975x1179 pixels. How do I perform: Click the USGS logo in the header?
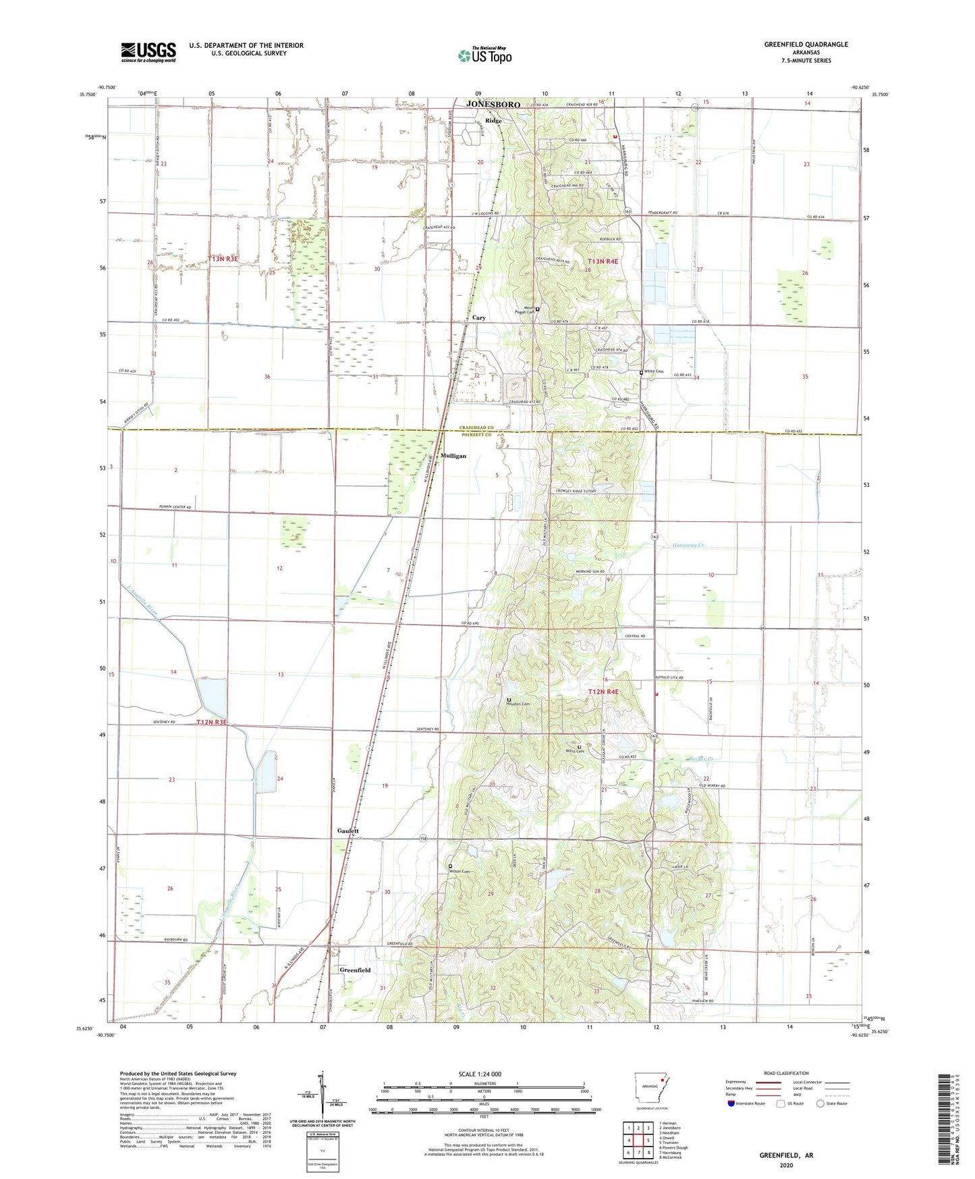[x=148, y=52]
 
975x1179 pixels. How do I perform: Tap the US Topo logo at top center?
[x=484, y=55]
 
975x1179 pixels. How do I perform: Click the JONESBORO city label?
[x=493, y=105]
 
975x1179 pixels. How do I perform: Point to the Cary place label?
[x=479, y=317]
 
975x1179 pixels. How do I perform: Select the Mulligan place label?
[x=453, y=456]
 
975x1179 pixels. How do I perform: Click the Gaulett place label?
[x=348, y=831]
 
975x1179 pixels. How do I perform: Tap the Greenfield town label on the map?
[x=355, y=970]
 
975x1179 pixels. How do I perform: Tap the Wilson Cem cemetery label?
[x=459, y=871]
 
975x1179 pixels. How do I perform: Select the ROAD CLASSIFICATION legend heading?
[x=785, y=1073]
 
